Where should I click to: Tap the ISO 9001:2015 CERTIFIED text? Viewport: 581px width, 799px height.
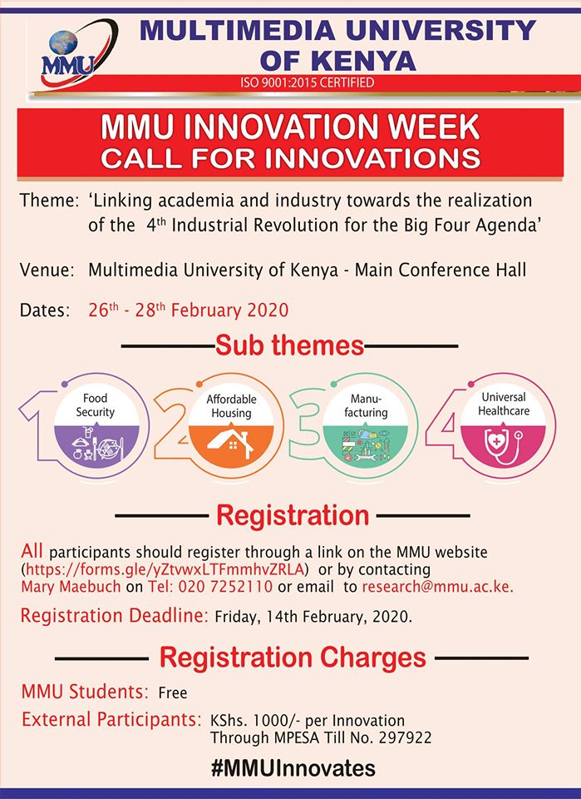tap(308, 82)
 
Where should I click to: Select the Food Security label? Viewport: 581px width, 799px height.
tap(95, 405)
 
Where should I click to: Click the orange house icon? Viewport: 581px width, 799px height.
tap(231, 444)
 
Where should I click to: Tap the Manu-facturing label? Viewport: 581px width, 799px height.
tap(366, 406)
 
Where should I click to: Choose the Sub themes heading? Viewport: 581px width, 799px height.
tap(289, 345)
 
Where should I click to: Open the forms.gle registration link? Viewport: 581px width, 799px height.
tap(165, 568)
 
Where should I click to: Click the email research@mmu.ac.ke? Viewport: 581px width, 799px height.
tap(437, 587)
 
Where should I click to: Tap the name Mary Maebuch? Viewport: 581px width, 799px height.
tap(71, 587)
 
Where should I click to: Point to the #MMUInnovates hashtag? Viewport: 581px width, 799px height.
tap(293, 768)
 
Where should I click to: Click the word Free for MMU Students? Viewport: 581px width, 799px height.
tap(173, 692)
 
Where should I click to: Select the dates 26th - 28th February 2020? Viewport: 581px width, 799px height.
tap(188, 310)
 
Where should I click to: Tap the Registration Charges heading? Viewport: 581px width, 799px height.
tap(293, 657)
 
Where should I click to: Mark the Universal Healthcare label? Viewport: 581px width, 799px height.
tap(504, 404)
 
